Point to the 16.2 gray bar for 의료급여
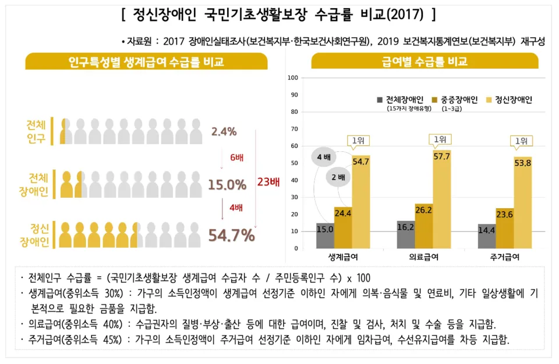coord(406,234)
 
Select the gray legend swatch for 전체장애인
coord(380,100)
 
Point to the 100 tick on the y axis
coord(293,78)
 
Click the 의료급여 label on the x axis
coord(423,257)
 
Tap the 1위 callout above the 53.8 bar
coord(521,141)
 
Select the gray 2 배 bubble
coord(338,177)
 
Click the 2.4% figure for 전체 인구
coord(224,131)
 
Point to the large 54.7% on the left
coord(231,235)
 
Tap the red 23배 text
coord(268,182)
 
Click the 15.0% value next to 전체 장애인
coord(227,185)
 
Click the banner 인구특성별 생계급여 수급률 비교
coord(146,62)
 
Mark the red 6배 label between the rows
coord(236,158)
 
